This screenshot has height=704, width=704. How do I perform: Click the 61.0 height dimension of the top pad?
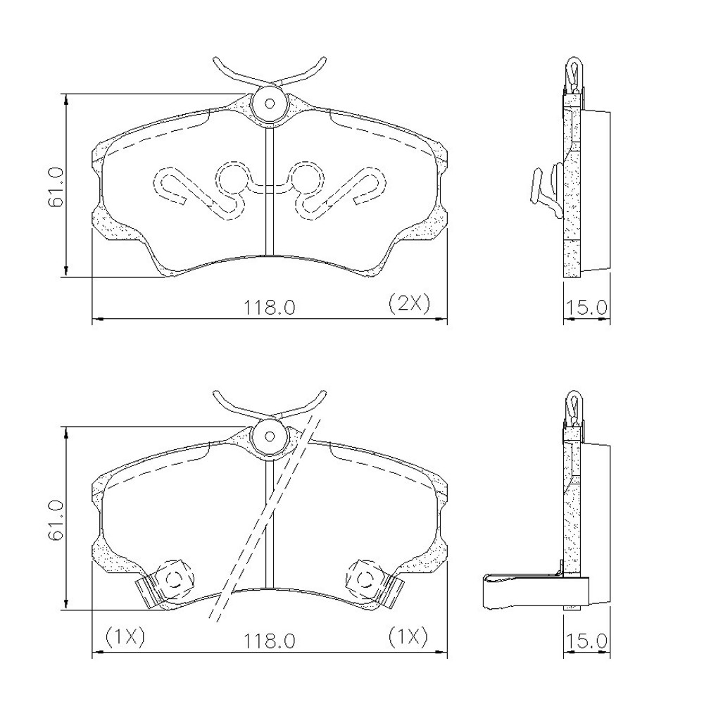coord(55,188)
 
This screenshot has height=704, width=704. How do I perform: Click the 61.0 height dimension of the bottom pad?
coord(55,521)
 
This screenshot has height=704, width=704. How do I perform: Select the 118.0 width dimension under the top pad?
coord(270,308)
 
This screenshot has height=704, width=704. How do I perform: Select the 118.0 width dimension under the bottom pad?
coord(270,641)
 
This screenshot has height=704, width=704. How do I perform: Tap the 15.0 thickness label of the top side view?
coord(586,308)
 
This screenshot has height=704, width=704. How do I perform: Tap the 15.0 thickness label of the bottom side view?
coord(586,641)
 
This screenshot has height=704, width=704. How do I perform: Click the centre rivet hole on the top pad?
coord(270,103)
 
